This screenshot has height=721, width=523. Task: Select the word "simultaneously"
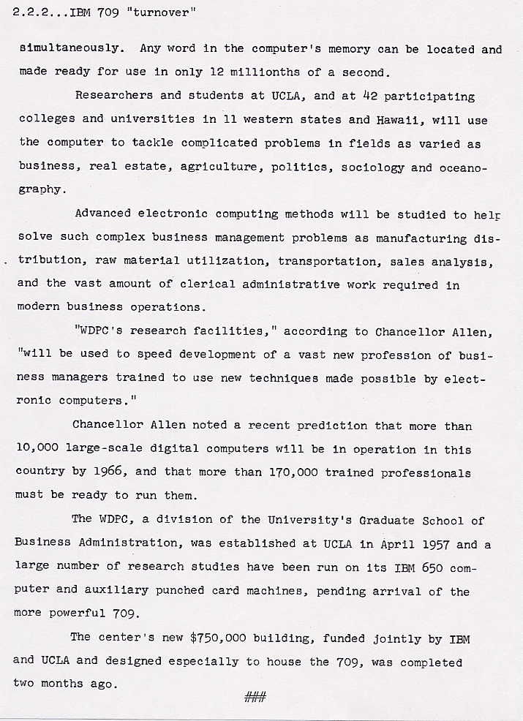(71, 49)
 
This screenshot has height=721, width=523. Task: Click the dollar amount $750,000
(218, 638)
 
